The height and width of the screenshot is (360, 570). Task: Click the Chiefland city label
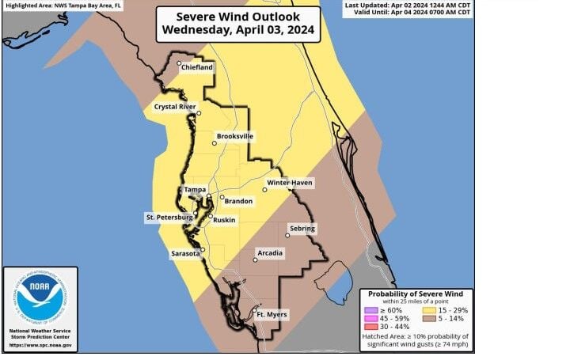pos(197,68)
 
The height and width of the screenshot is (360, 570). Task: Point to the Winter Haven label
pos(290,184)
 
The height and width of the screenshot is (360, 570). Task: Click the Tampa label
pos(195,190)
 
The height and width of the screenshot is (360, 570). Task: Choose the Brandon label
pos(238,201)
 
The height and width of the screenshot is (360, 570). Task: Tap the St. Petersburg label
pos(169,217)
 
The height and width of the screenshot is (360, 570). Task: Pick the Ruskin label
pos(224,219)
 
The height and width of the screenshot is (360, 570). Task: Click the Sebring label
pos(302,229)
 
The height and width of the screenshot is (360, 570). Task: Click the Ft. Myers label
pos(272,315)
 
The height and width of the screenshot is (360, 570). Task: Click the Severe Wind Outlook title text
pos(237,17)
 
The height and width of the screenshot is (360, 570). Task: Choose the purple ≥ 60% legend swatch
pos(370,310)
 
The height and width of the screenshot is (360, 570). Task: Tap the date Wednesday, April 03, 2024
pos(237,31)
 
